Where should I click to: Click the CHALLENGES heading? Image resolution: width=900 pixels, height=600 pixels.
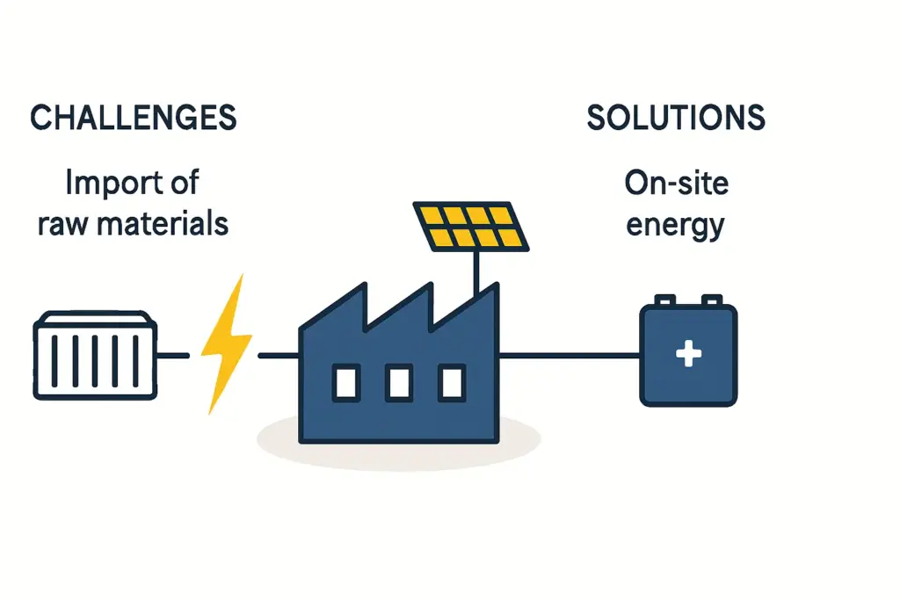[x=134, y=118]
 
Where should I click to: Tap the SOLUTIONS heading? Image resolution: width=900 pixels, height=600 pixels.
[x=675, y=118]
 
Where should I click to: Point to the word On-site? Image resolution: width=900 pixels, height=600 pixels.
[x=677, y=184]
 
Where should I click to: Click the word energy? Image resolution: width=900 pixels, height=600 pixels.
[x=676, y=225]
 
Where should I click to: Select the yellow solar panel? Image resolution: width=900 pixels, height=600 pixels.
[x=471, y=226]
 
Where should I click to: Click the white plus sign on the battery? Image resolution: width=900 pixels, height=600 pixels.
[x=687, y=355]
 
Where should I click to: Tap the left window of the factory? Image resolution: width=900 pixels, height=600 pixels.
[x=345, y=383]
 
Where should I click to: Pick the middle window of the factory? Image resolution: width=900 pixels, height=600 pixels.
[x=399, y=383]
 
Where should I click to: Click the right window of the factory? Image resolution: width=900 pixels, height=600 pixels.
[x=452, y=383]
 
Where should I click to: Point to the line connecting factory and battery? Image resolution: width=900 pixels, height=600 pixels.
[x=570, y=355]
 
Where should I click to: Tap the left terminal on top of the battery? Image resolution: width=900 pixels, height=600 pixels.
[x=665, y=300]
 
